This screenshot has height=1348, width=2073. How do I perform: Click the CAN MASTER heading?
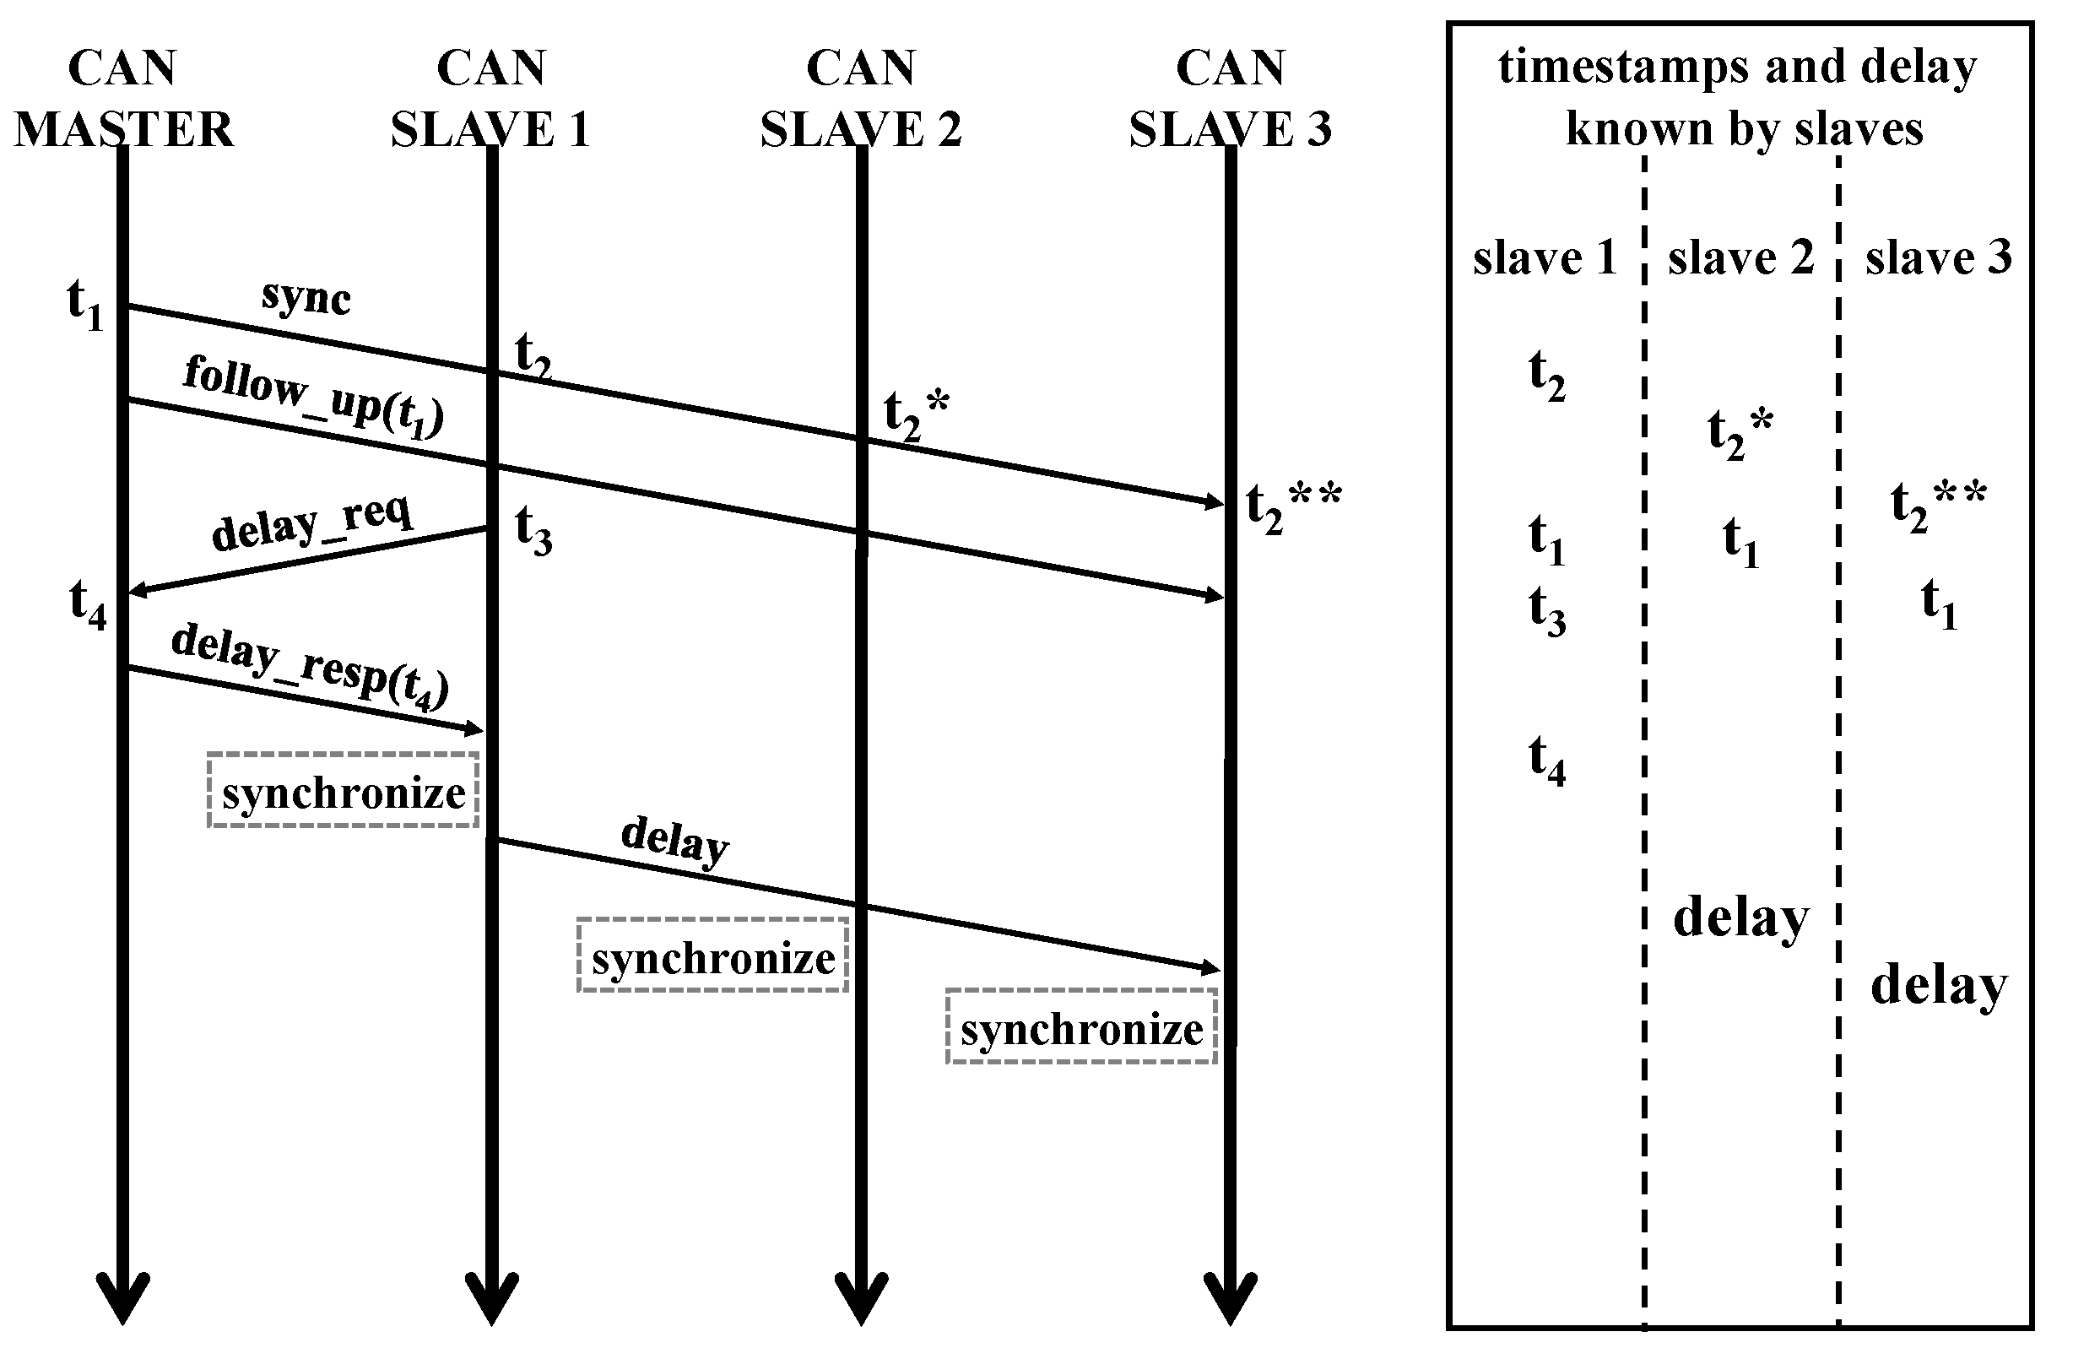pyautogui.click(x=123, y=99)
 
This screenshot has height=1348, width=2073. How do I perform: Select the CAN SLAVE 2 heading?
pyautogui.click(x=861, y=99)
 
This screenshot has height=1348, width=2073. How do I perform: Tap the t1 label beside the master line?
pyautogui.click(x=85, y=306)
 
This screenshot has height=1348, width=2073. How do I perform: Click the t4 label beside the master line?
pyautogui.click(x=88, y=604)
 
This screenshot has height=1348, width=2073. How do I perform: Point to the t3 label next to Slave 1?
pyautogui.click(x=533, y=529)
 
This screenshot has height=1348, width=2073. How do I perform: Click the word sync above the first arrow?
pyautogui.click(x=306, y=298)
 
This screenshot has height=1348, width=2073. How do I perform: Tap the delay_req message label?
pyautogui.click(x=311, y=522)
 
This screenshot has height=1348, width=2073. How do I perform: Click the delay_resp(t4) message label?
pyautogui.click(x=310, y=666)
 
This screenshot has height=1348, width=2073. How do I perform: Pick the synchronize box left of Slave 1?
pyautogui.click(x=344, y=790)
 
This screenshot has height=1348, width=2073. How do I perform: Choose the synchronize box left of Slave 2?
pyautogui.click(x=712, y=956)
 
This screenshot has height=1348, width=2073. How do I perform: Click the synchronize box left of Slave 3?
pyautogui.click(x=1081, y=1026)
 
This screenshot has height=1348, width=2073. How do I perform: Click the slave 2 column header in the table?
pyautogui.click(x=1740, y=257)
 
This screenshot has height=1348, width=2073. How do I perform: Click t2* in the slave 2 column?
pyautogui.click(x=1740, y=433)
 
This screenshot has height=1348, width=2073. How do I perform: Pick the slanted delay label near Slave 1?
pyautogui.click(x=674, y=841)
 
